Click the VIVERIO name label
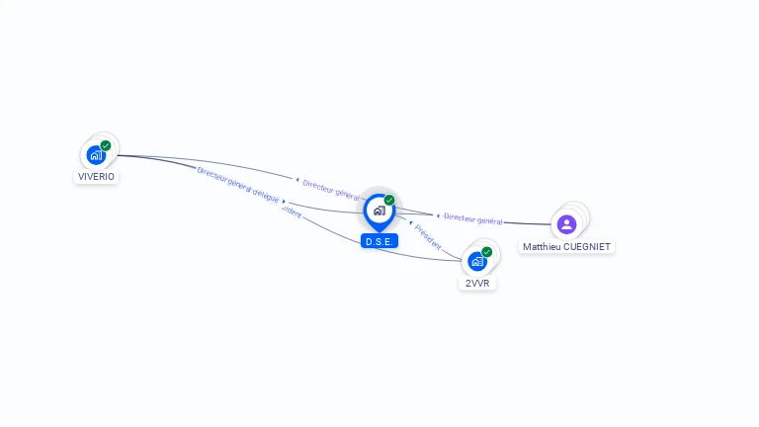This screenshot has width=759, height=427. click(x=96, y=177)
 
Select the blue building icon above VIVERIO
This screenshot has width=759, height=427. click(x=96, y=154)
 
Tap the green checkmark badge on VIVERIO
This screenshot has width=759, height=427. click(x=106, y=146)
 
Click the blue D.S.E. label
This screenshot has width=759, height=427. click(x=379, y=241)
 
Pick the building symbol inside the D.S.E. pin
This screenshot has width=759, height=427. click(x=379, y=211)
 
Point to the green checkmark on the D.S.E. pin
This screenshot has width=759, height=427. click(x=389, y=201)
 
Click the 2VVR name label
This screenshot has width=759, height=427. click(x=477, y=283)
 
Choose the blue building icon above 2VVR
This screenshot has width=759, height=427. click(x=477, y=261)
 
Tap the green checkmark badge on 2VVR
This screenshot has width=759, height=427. click(x=487, y=252)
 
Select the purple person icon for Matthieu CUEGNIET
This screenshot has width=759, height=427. click(x=566, y=224)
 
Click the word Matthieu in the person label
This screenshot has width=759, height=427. click(x=542, y=247)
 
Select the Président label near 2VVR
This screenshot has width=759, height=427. click(x=428, y=236)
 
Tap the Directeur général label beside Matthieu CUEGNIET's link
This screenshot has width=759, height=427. click(x=473, y=218)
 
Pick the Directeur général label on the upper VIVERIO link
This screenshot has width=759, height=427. click(x=332, y=190)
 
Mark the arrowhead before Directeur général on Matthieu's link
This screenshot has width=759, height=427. click(x=438, y=215)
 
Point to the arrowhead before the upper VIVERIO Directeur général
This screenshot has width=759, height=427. click(x=297, y=180)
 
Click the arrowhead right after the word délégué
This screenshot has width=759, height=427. click(x=285, y=202)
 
